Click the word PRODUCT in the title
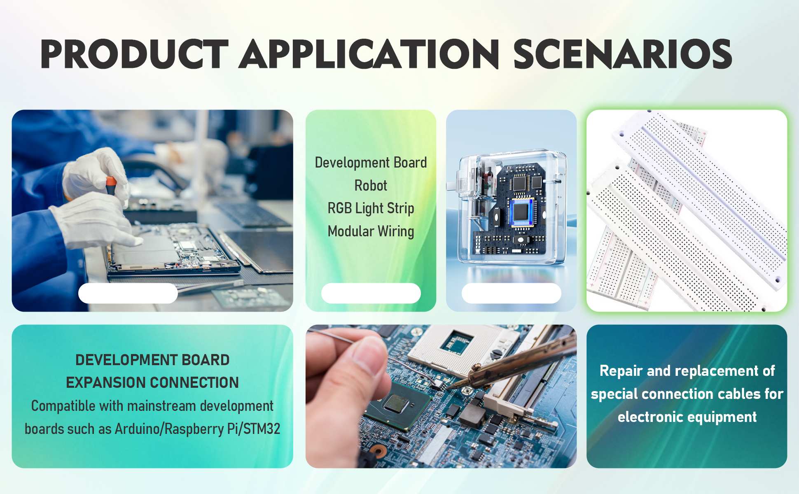(135, 54)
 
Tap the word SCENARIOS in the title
(622, 54)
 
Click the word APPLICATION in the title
(369, 54)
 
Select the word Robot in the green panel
(371, 186)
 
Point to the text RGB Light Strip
(371, 208)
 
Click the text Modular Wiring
(371, 231)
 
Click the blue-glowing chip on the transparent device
(521, 212)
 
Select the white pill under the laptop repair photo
(128, 293)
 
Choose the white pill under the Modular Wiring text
(371, 293)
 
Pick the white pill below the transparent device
(512, 293)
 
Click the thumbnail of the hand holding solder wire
(441, 396)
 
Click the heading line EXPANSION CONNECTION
(152, 383)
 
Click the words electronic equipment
(687, 417)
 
